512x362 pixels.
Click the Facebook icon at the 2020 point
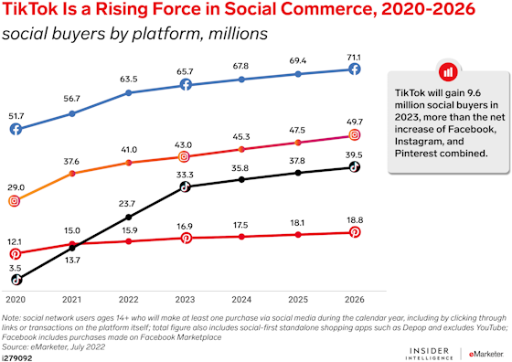(x=16, y=130)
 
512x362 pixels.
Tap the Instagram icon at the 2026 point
(x=356, y=135)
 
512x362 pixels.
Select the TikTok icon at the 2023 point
(x=185, y=187)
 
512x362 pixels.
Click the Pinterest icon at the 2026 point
(x=356, y=232)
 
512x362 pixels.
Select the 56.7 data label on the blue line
(x=72, y=99)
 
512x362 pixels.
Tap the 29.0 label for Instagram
(x=16, y=186)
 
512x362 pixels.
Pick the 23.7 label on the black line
(x=129, y=204)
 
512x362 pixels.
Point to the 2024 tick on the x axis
(x=241, y=298)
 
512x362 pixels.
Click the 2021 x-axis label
(x=72, y=298)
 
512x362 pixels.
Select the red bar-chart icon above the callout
(x=447, y=71)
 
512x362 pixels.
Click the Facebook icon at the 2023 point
(x=185, y=84)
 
